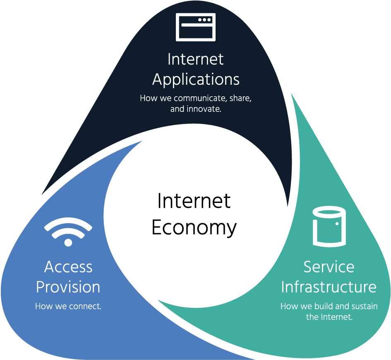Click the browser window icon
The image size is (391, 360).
(x=196, y=27)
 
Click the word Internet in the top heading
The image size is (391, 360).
(x=196, y=59)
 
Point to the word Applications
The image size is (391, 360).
(x=196, y=79)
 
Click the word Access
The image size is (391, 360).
(x=68, y=267)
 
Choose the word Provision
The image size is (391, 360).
(x=68, y=287)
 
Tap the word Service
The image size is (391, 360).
(x=329, y=267)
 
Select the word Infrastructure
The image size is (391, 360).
(x=329, y=287)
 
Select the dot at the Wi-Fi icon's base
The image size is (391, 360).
(x=68, y=242)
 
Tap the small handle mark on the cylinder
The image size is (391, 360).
(x=338, y=224)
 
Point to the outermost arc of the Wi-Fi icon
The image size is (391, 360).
(x=68, y=223)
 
